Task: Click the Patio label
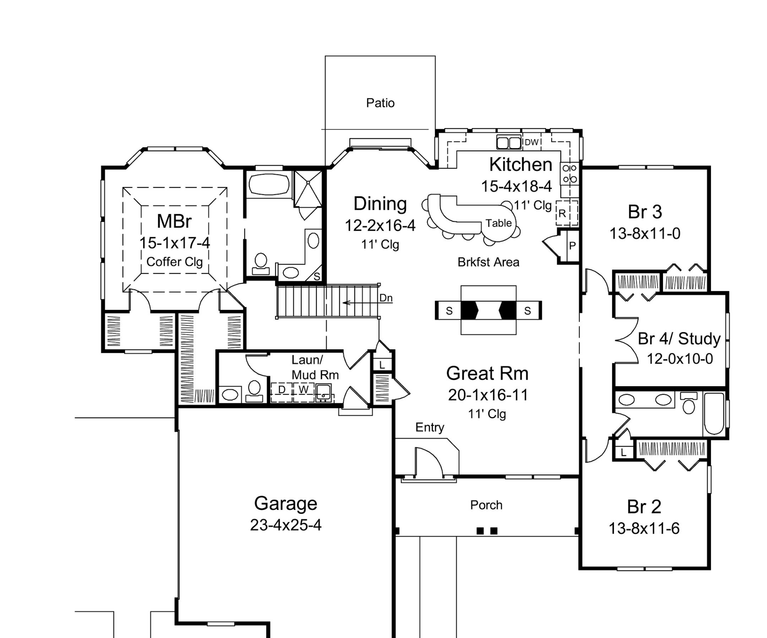click(x=380, y=103)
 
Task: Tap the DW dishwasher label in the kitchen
click(x=532, y=142)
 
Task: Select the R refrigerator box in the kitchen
click(x=566, y=213)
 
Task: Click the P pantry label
click(x=572, y=246)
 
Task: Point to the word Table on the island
click(x=499, y=223)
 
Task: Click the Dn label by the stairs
click(x=386, y=298)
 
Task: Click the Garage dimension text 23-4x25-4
click(x=285, y=525)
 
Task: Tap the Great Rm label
click(x=487, y=373)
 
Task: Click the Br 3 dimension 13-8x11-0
click(x=644, y=233)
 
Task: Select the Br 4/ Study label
click(x=679, y=339)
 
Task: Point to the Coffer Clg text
click(x=175, y=262)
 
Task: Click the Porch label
click(x=486, y=505)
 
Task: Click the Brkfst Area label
click(x=488, y=262)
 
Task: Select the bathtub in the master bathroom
click(x=270, y=184)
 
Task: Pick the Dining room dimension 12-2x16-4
click(x=380, y=226)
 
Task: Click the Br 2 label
click(x=644, y=507)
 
